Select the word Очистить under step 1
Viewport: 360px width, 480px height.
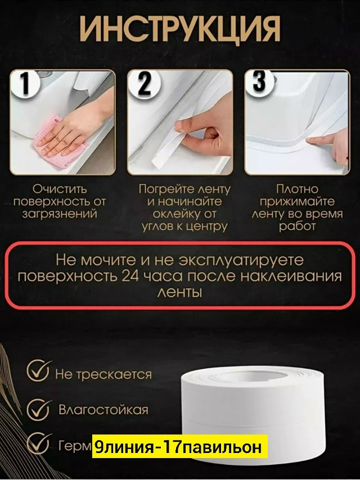point(59,189)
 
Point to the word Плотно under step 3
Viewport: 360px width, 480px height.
point(298,189)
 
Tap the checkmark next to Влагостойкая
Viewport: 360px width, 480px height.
point(38,408)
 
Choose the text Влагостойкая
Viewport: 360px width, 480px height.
point(103,409)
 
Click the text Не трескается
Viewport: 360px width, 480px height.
point(103,374)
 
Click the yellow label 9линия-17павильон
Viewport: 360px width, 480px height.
point(179,447)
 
